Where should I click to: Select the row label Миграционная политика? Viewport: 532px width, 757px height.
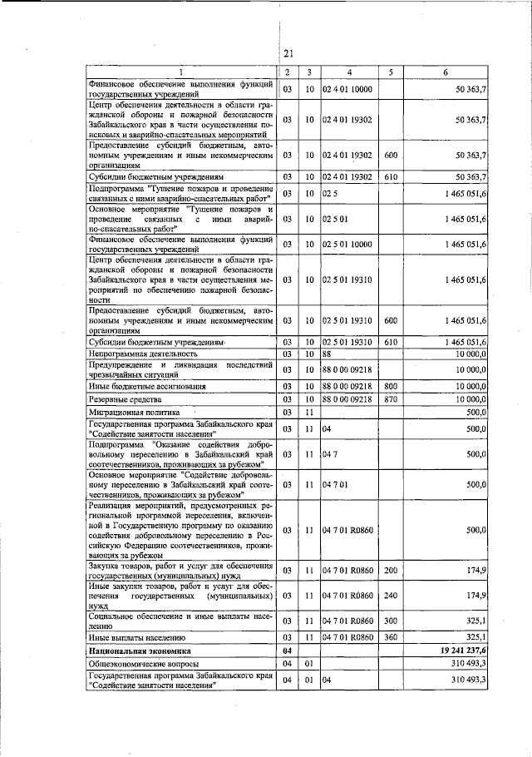(x=126, y=412)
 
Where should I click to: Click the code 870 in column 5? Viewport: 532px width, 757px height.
(x=391, y=399)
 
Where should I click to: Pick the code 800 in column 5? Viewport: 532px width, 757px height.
(x=391, y=386)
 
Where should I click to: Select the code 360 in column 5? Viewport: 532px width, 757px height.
(x=391, y=636)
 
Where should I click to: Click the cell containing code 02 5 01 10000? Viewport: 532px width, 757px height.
(x=349, y=244)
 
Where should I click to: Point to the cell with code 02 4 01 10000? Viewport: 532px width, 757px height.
(x=349, y=87)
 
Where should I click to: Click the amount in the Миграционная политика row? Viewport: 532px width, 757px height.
(x=475, y=412)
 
